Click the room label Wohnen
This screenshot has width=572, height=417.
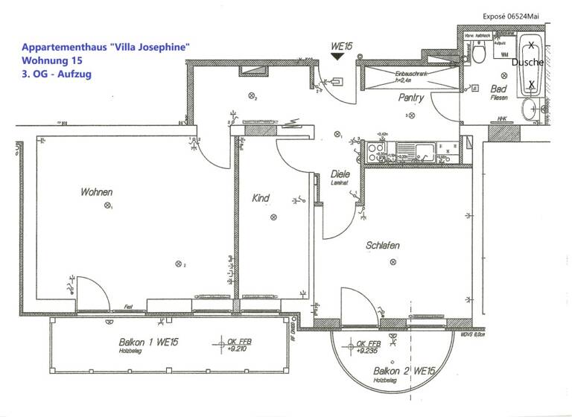tap(97, 192)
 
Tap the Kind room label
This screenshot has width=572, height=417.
tap(261, 198)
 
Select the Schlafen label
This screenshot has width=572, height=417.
tap(384, 246)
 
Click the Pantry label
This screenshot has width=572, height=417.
tap(410, 98)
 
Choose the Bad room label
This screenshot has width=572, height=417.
tap(498, 89)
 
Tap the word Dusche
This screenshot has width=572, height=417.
tap(527, 63)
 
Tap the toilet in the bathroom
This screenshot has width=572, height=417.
tap(480, 53)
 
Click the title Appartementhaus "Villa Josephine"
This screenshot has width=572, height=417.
tap(106, 46)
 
